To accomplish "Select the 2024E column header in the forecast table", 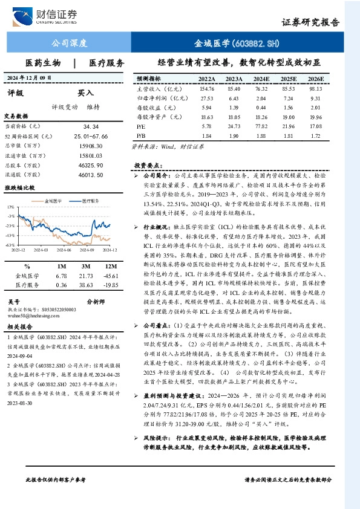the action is (x=261, y=79).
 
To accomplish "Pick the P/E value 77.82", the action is (x=261, y=126).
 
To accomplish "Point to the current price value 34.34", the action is (x=91, y=126).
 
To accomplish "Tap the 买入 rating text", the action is (x=85, y=93).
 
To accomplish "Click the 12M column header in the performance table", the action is (x=110, y=267).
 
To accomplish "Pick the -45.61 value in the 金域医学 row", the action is (x=110, y=276).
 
